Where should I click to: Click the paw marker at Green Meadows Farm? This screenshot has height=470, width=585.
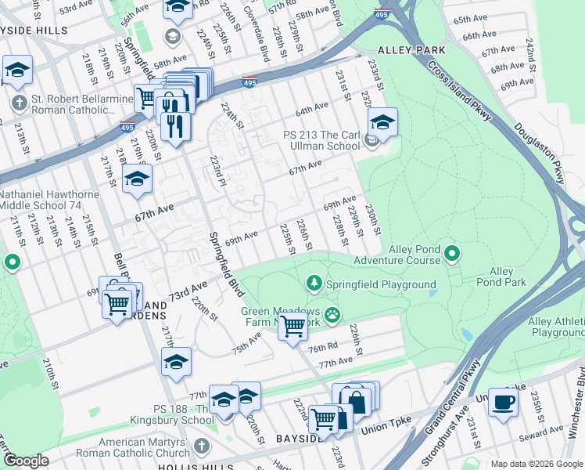[x=333, y=314]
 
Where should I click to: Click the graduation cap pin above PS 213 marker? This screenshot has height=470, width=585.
[x=382, y=123]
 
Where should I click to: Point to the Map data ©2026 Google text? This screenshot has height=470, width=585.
[x=536, y=464]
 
